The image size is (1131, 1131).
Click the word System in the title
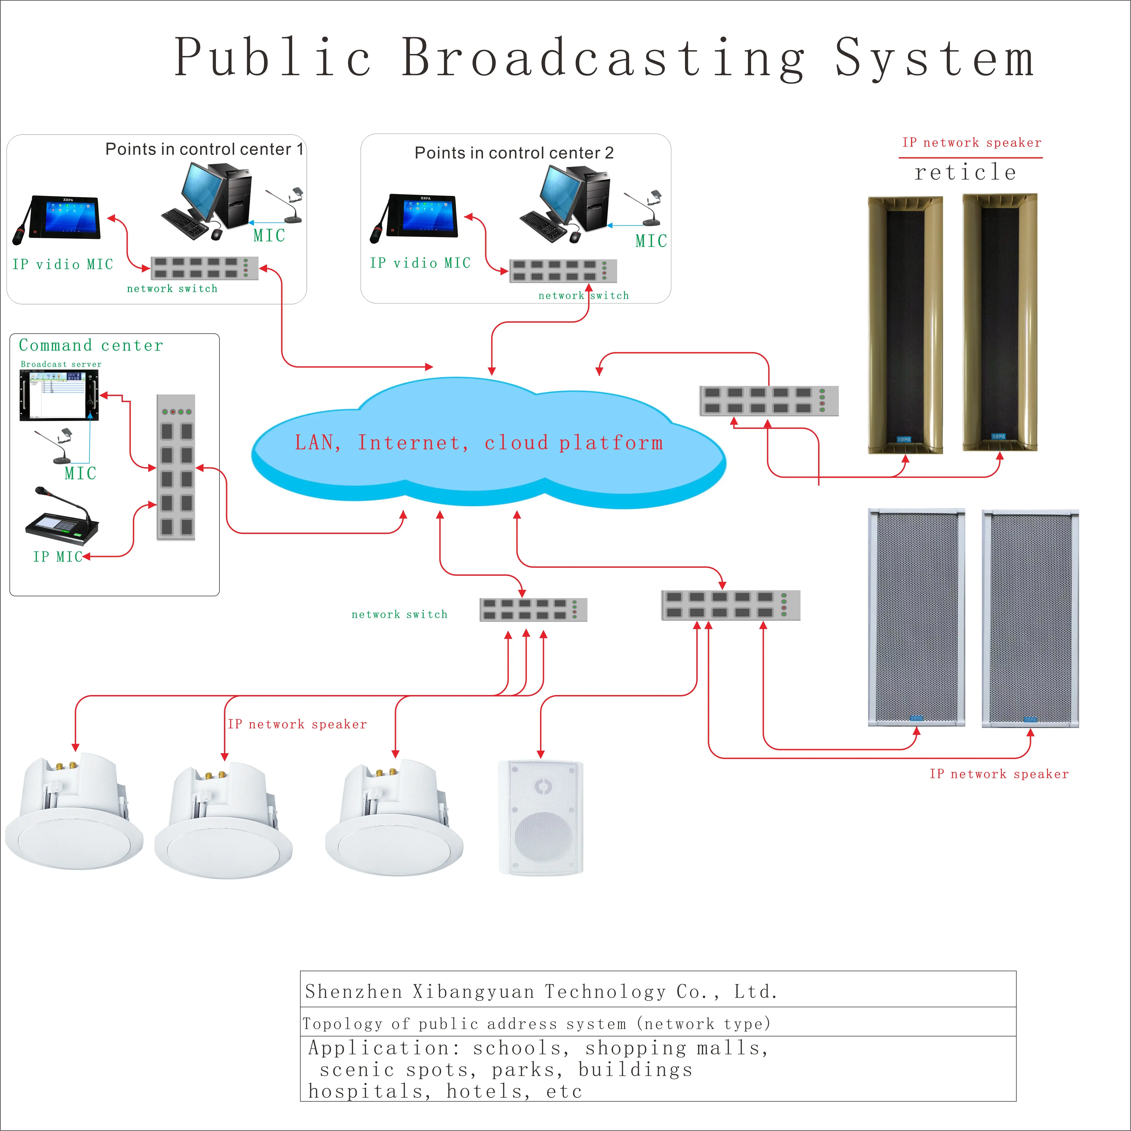pos(934,57)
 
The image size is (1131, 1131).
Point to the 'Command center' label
pos(91,345)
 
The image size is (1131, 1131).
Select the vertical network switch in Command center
pos(176,467)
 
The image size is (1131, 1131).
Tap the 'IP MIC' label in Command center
pos(57,557)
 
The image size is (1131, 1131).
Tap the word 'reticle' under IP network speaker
pos(965,172)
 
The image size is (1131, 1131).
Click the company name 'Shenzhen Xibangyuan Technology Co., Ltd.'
pos(541,992)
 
